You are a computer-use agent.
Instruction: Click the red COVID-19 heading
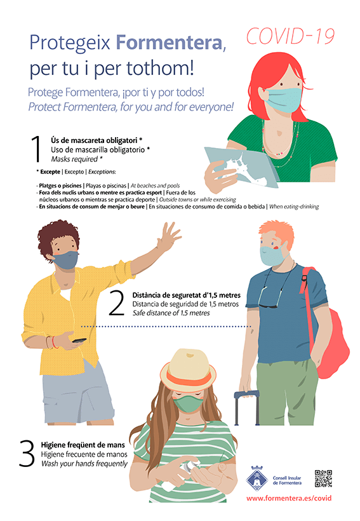[x=290, y=36]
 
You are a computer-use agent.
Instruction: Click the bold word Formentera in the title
[x=169, y=43]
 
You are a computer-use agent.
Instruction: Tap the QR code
[x=323, y=478]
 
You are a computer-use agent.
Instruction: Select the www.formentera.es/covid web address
[x=289, y=498]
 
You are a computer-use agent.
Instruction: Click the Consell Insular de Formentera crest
[x=257, y=478]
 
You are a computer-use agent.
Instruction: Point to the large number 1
[x=37, y=149]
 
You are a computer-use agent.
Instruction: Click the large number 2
[x=117, y=303]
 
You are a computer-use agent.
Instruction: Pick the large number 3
[x=27, y=454]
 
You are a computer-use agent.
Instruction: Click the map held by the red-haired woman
[x=241, y=166]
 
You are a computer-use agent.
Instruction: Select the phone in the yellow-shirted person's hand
[x=79, y=341]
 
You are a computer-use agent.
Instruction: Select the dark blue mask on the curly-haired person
[x=65, y=259]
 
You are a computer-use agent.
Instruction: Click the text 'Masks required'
[x=74, y=159]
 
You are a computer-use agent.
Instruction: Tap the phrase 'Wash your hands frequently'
[x=84, y=464]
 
